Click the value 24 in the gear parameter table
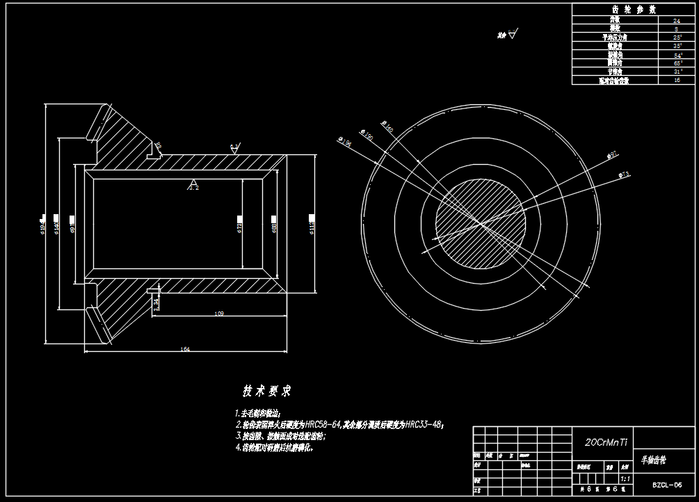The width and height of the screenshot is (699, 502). pyautogui.click(x=677, y=22)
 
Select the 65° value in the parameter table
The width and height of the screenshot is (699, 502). pyautogui.click(x=677, y=63)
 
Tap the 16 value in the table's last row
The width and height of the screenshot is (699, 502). pyautogui.click(x=677, y=81)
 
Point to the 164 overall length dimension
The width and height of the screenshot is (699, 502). pyautogui.click(x=185, y=349)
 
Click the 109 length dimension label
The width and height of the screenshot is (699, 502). pyautogui.click(x=219, y=314)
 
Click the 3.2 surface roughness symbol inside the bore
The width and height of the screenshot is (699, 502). pyautogui.click(x=194, y=188)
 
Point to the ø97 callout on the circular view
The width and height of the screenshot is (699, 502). pyautogui.click(x=612, y=154)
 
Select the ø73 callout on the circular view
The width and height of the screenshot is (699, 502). pyautogui.click(x=624, y=175)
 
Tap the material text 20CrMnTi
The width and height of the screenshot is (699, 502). pyautogui.click(x=606, y=442)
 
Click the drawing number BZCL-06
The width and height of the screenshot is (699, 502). pyautogui.click(x=666, y=485)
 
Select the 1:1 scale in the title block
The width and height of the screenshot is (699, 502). pyautogui.click(x=624, y=479)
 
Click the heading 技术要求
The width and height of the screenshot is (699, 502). pyautogui.click(x=266, y=391)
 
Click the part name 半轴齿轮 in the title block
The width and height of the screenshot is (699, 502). pyautogui.click(x=653, y=460)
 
